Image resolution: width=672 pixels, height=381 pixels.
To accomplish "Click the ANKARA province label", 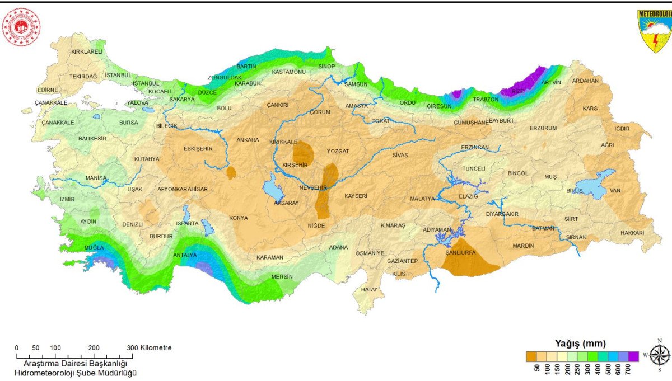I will tap(248, 140).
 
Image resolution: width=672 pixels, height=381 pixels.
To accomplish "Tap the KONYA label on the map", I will tap(239, 218).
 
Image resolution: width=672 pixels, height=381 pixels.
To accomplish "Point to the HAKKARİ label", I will tap(632, 233).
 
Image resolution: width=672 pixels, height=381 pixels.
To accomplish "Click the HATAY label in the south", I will tap(368, 289).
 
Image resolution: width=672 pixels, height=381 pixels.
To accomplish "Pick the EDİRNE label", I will tap(48, 90).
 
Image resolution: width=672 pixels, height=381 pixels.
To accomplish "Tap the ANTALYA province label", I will tap(185, 255).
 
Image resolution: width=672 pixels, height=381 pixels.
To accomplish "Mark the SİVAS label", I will tap(400, 154).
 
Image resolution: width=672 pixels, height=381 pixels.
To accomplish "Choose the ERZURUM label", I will tap(543, 128).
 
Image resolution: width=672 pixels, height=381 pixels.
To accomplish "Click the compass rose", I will tap(660, 355).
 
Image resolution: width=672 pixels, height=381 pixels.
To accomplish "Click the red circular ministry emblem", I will tap(21, 27).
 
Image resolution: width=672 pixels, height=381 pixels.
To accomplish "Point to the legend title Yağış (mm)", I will tap(580, 343).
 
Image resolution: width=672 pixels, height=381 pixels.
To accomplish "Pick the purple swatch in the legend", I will tap(633, 356).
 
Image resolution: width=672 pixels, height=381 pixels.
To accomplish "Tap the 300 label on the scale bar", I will tap(132, 348).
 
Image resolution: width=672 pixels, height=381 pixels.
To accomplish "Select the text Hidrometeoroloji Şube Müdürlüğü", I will tap(76, 373).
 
